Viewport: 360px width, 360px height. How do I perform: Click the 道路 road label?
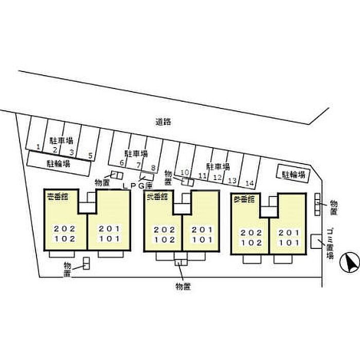pos(163,122)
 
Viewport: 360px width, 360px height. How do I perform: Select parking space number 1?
pos(38,147)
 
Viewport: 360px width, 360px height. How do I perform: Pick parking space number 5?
pos(90,155)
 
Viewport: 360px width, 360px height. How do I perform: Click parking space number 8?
pos(153,167)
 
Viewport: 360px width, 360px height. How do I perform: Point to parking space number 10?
pos(186,172)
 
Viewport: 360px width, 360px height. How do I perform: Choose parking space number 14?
pos(250,183)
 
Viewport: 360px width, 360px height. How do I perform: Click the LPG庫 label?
pos(138,185)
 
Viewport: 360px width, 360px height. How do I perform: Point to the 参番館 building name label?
pos(244,199)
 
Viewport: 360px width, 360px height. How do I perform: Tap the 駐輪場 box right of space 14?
pos(294,174)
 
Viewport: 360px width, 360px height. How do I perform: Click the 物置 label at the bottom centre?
pos(183,286)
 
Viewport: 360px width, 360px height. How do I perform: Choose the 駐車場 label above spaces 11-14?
pos(217,167)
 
